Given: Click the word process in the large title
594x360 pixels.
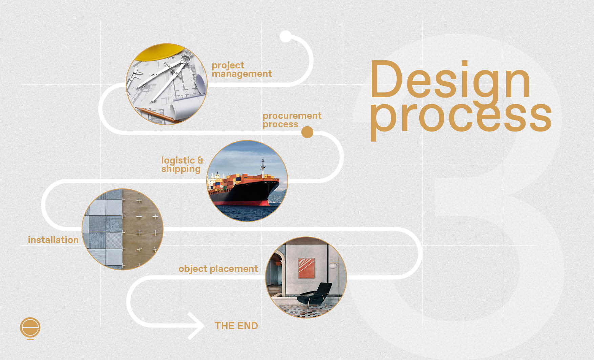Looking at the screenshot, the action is point(461,117).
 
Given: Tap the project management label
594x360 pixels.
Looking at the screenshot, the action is point(242,70).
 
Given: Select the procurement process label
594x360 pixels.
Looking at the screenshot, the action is point(292,120).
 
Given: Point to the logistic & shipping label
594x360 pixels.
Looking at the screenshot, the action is point(183,165).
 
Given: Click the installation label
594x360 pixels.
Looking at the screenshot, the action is point(53,240).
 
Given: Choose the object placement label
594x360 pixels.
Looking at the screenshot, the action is point(218,269).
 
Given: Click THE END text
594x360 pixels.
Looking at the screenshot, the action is point(236,326).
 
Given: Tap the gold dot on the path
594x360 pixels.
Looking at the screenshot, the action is point(307,132).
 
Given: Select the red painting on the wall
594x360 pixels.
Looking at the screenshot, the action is point(306,268).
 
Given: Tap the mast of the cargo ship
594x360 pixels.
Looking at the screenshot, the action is point(263,167).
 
